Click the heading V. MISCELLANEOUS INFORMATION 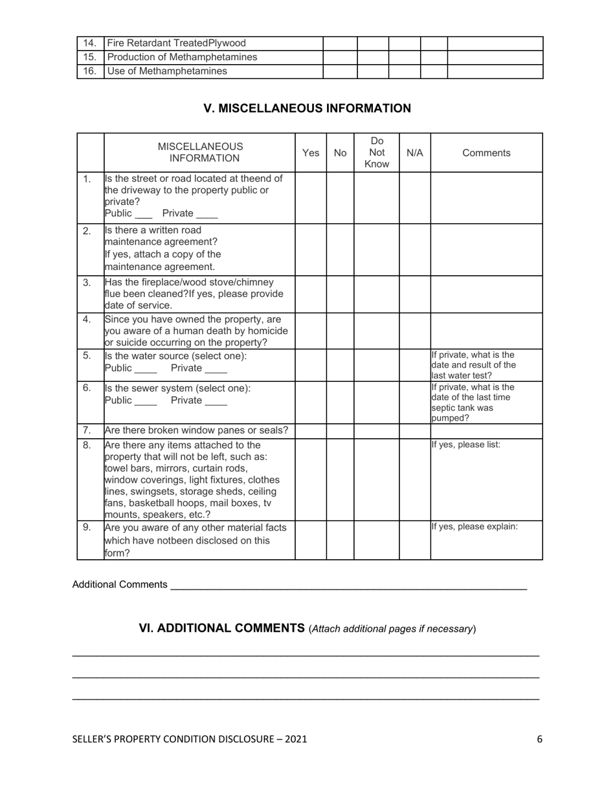click(307, 108)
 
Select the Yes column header click(311, 153)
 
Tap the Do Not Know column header click(376, 153)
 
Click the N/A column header click(414, 153)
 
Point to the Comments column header click(486, 153)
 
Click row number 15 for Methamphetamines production click(89, 57)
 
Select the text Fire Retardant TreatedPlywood click(176, 43)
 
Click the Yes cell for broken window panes click(311, 430)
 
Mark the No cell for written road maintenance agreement click(340, 250)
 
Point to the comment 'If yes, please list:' click(465, 445)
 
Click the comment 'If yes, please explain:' click(474, 526)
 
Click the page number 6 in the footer click(539, 739)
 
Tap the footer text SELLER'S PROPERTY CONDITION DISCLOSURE click(189, 739)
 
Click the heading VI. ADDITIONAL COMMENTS click(221, 628)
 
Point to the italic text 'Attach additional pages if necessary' click(392, 629)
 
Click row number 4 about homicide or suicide click(87, 319)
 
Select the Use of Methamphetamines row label click(167, 71)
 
